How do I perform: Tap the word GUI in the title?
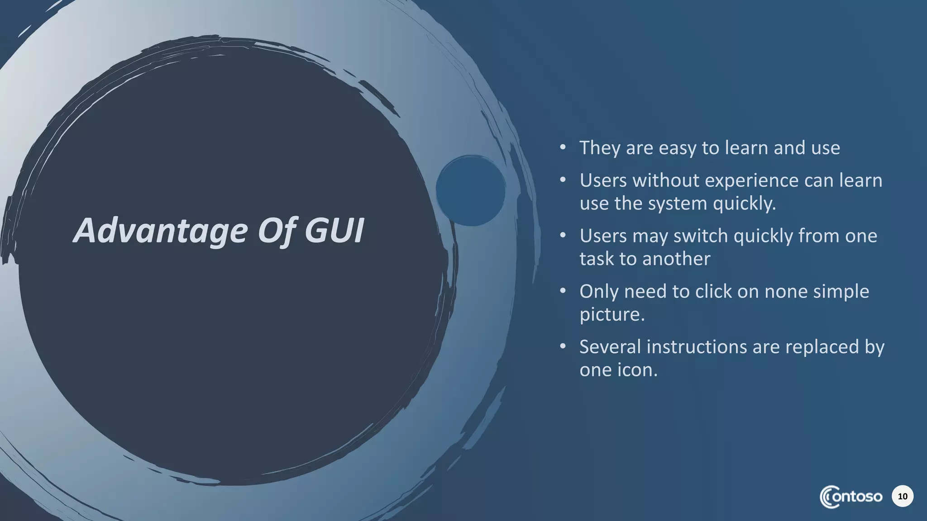[x=334, y=231]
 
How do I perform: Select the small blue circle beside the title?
[x=470, y=190]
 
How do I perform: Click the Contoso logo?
[x=851, y=497]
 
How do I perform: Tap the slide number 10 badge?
[x=902, y=497]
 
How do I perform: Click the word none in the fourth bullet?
[x=786, y=292]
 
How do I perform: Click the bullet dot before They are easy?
[x=563, y=147]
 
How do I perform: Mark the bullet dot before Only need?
[x=563, y=290]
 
